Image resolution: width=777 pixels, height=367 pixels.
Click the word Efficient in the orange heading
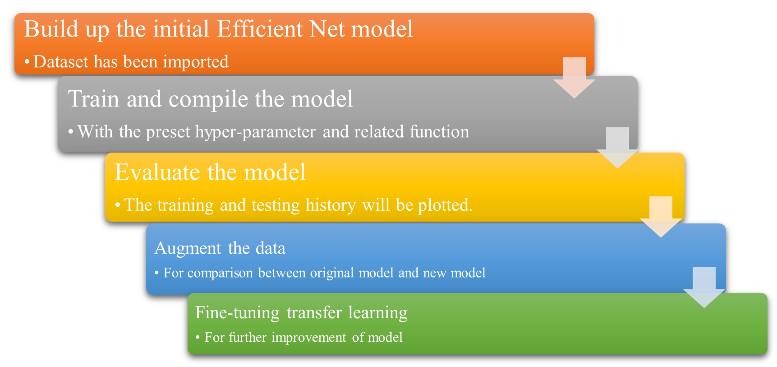260,29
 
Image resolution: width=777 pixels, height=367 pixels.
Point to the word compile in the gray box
208,100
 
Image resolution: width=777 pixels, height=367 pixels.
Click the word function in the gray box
440,131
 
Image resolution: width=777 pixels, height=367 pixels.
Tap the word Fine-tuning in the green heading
237,313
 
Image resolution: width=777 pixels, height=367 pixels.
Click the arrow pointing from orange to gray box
574,78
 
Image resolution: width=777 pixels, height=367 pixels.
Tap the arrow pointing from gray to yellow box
617,148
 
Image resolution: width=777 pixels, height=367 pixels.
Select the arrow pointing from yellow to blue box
661,217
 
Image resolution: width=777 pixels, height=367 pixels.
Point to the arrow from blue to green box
704,288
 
